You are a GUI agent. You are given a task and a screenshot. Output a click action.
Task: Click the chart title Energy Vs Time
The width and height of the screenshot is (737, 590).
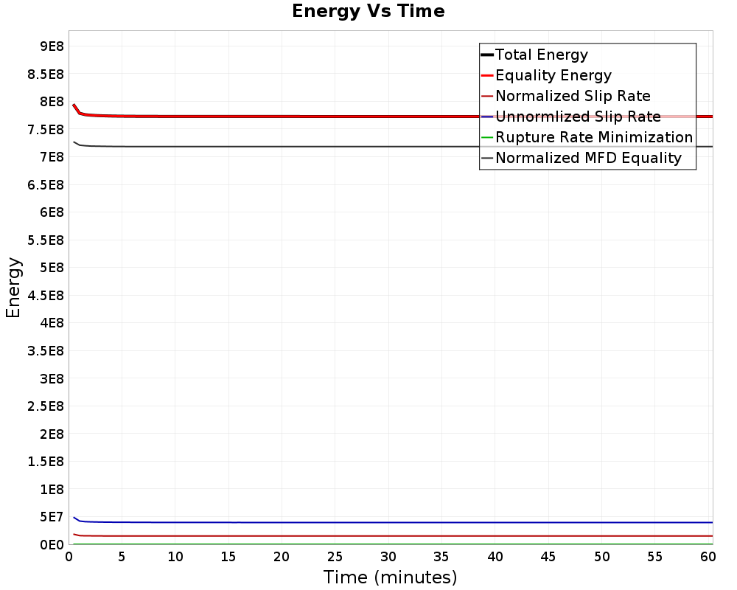pos(368,11)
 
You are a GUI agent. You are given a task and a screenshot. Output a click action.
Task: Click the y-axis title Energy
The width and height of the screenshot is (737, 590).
pos(13,288)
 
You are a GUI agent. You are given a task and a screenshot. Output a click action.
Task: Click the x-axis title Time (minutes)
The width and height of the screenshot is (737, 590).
pos(390,577)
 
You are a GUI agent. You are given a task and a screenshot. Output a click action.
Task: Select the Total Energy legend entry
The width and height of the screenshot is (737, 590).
pos(541,55)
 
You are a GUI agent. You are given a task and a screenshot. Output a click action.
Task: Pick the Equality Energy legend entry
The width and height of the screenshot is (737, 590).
pos(553,75)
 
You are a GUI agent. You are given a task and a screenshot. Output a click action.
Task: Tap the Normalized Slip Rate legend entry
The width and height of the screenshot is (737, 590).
pos(573,96)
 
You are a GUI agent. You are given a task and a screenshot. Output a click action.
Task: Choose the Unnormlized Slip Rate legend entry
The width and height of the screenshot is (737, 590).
pos(578,117)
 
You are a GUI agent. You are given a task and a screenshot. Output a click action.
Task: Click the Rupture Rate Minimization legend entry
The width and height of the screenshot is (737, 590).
pos(593,137)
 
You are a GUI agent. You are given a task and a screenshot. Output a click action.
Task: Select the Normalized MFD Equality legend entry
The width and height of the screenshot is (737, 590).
pos(588,158)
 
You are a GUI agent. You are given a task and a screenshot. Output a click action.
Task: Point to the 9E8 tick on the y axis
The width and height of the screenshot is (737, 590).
pos(52,46)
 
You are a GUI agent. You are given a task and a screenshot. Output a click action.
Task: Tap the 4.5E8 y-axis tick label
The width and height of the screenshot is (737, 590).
pos(46,296)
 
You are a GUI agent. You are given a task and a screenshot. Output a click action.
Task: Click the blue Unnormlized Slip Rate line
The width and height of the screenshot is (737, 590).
pos(368,522)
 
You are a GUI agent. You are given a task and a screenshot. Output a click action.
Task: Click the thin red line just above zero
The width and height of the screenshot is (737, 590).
pos(368,535)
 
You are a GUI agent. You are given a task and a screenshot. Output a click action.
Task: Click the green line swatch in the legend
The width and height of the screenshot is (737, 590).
pos(486,137)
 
